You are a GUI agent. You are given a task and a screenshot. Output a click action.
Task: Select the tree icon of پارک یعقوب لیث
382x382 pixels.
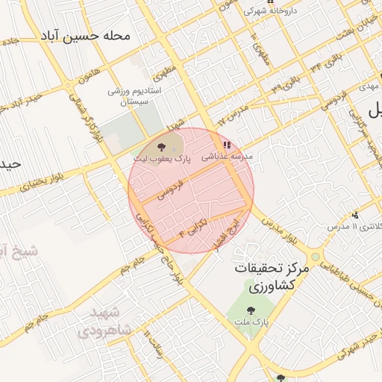pyautogui.click(x=162, y=146)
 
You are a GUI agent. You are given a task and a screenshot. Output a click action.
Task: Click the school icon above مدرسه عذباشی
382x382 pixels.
pyautogui.click(x=226, y=145)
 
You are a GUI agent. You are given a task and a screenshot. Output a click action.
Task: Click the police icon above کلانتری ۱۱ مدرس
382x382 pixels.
pyautogui.click(x=355, y=214)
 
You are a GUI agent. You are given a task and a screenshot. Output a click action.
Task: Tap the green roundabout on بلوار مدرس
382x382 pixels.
pyautogui.click(x=316, y=257)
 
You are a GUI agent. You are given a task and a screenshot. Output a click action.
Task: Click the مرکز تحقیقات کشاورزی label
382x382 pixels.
pyautogui.click(x=269, y=277)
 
